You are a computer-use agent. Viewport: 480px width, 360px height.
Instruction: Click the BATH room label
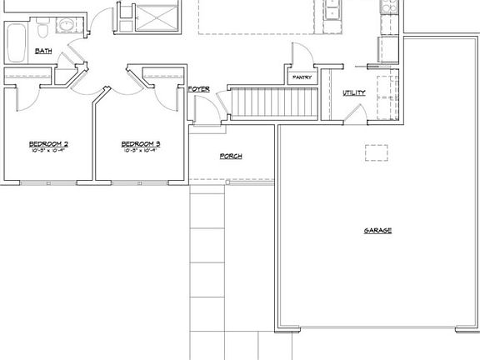click(x=43, y=52)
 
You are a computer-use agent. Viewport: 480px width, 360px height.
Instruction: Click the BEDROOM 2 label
click(x=48, y=143)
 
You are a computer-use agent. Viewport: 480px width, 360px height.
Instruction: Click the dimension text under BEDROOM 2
click(x=48, y=151)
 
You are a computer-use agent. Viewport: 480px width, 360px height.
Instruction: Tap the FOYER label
click(x=198, y=88)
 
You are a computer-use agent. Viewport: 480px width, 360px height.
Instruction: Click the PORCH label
click(x=231, y=156)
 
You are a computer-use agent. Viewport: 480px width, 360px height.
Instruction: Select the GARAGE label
click(x=377, y=230)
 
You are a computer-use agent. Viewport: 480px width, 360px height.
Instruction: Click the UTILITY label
click(x=354, y=92)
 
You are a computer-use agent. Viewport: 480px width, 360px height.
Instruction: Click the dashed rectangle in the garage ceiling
click(x=377, y=152)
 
